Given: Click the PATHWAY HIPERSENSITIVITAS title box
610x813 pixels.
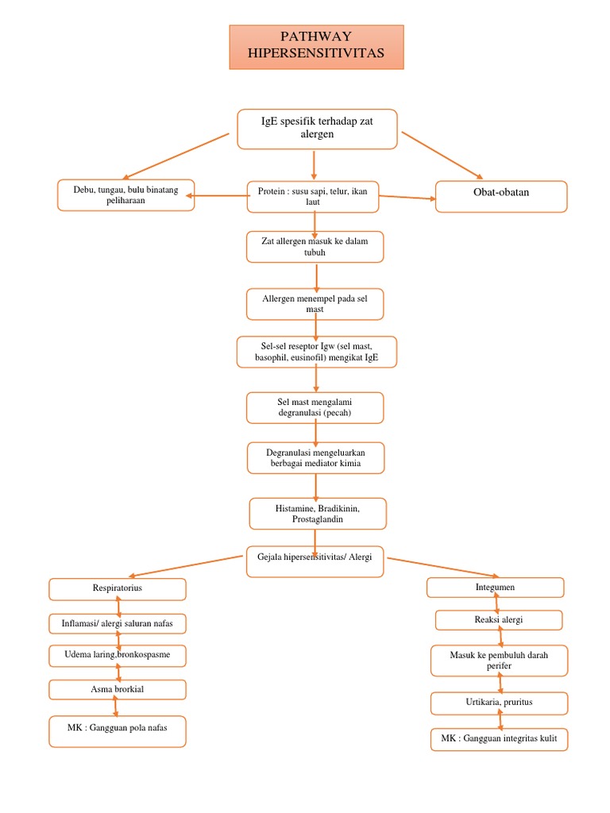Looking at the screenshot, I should click(316, 46).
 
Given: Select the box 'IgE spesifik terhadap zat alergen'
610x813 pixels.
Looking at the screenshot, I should click(317, 129).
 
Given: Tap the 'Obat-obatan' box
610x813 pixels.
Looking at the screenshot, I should click(500, 196).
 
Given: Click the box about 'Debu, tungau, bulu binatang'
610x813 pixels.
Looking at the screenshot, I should click(125, 195).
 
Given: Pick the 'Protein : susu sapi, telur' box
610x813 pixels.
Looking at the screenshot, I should click(313, 197).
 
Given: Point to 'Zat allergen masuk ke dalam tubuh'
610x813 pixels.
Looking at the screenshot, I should click(315, 246).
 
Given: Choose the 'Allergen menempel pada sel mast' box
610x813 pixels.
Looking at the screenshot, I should click(315, 303).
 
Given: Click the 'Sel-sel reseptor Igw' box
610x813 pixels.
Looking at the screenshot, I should click(316, 352).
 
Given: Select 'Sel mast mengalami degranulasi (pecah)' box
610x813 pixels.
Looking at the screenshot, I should click(315, 407).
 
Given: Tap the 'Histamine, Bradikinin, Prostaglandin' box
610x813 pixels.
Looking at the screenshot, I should click(317, 513).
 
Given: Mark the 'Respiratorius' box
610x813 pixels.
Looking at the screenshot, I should click(117, 588).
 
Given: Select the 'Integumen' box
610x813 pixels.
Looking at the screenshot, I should click(495, 588).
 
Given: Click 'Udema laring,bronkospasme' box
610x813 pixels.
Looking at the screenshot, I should click(117, 656).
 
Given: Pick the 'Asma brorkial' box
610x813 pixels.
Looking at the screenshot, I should click(117, 689).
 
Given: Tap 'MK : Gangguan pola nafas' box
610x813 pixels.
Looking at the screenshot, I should click(117, 730).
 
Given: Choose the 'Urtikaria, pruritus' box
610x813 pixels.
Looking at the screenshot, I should click(499, 703).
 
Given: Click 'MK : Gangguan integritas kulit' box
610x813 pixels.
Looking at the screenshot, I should click(499, 739).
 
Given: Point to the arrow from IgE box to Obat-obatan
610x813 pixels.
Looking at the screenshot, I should click(442, 156).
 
